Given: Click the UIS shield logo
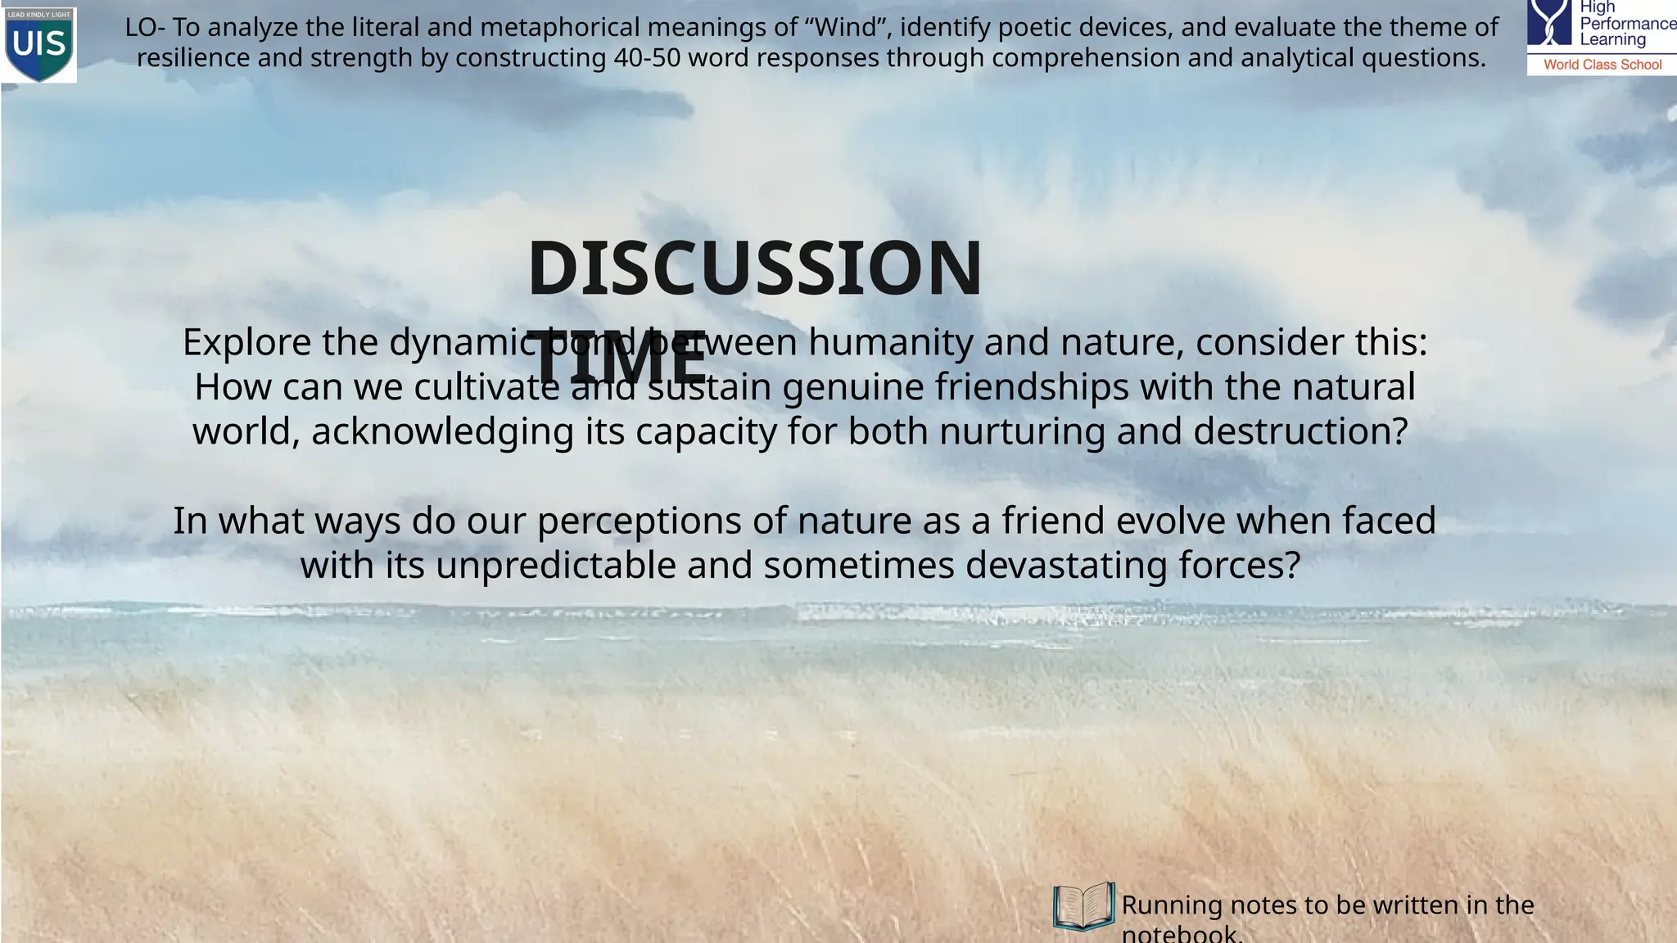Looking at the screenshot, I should [39, 44].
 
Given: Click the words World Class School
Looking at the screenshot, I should [1602, 65].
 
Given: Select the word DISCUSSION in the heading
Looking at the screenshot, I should [754, 269].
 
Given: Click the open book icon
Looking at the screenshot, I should [1083, 906].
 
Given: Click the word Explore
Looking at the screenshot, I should [246, 342].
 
